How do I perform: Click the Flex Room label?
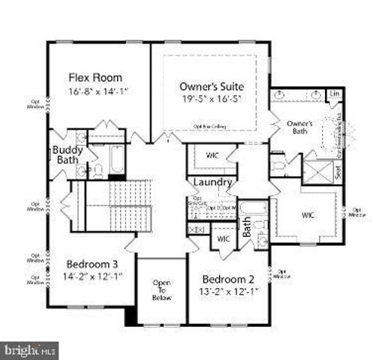pyautogui.click(x=95, y=77)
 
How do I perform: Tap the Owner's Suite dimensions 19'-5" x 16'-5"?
pyautogui.click(x=212, y=98)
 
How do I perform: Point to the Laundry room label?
pyautogui.click(x=212, y=182)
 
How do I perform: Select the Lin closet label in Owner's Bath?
pyautogui.click(x=335, y=93)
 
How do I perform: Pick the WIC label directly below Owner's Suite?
pyautogui.click(x=212, y=157)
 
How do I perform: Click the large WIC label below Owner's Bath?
pyautogui.click(x=308, y=214)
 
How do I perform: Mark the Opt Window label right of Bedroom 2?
pyautogui.click(x=281, y=274)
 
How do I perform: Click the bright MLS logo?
pyautogui.click(x=30, y=349)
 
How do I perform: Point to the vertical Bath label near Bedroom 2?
pyautogui.click(x=246, y=226)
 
